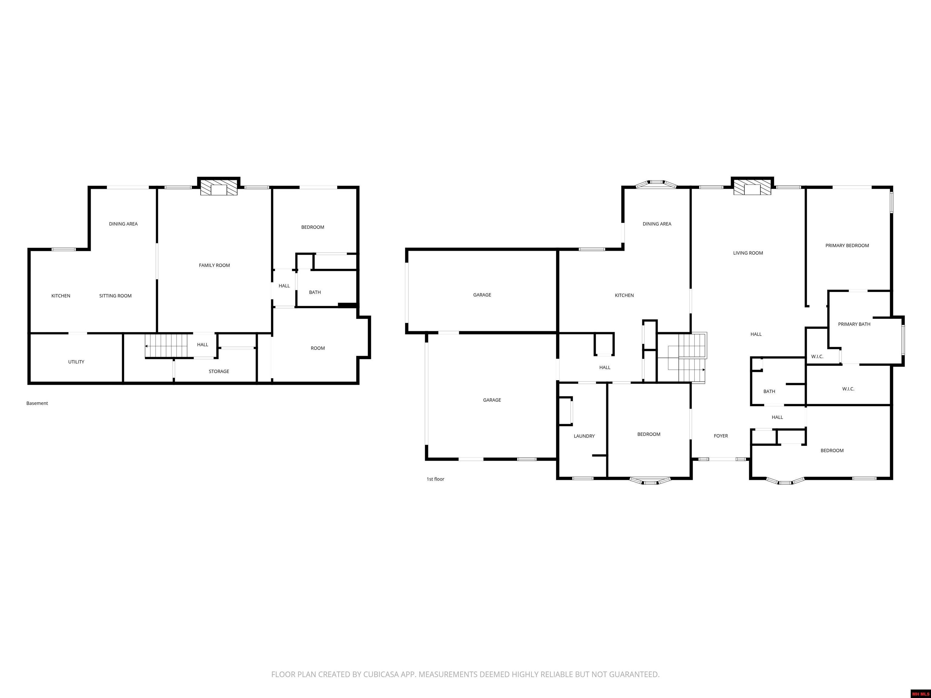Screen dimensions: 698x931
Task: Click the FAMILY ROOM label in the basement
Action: (x=214, y=265)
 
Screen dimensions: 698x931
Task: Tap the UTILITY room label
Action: (x=76, y=362)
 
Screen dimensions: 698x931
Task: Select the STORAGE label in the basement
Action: (x=219, y=371)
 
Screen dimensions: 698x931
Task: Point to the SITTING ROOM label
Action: (x=115, y=296)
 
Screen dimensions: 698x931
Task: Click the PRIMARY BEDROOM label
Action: (x=847, y=246)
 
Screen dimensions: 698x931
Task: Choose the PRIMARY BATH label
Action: (x=854, y=324)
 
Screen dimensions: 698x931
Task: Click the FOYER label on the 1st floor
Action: (x=721, y=436)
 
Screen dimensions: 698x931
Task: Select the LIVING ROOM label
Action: (x=748, y=253)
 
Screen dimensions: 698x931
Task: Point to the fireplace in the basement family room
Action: (x=219, y=188)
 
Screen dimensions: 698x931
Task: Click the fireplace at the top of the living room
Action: (x=752, y=188)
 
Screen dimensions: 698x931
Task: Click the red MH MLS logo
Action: (x=920, y=694)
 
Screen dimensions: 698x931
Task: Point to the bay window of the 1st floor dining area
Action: (x=656, y=184)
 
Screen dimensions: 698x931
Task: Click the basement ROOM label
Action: (x=318, y=348)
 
